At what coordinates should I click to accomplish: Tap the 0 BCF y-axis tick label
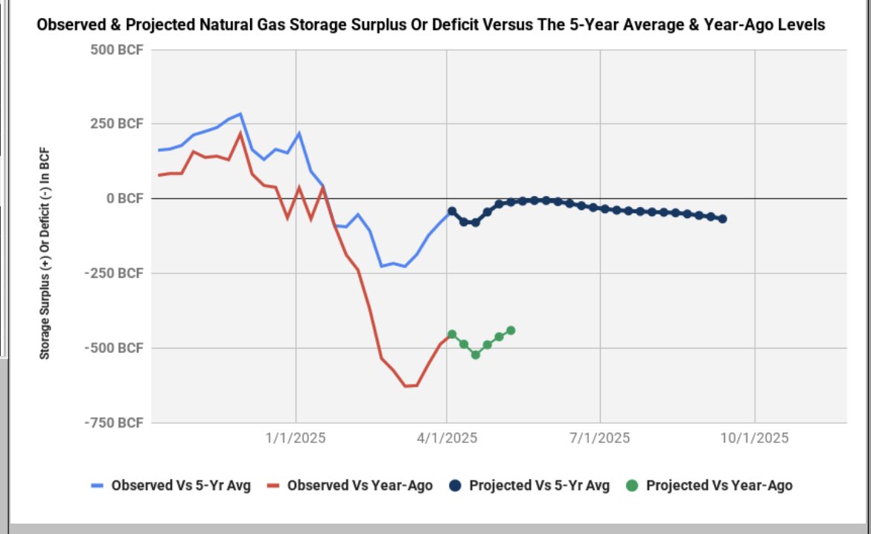(x=125, y=199)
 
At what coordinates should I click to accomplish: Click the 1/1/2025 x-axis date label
(x=296, y=438)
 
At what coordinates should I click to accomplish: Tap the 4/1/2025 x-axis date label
(x=447, y=438)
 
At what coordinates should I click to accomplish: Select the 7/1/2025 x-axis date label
(x=600, y=438)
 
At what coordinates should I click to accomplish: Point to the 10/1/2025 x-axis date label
(x=754, y=438)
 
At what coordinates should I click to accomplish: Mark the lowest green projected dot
(x=476, y=355)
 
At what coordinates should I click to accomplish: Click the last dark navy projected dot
(x=722, y=219)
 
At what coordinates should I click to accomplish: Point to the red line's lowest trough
(x=406, y=386)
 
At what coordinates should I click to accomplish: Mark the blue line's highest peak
(x=240, y=114)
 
